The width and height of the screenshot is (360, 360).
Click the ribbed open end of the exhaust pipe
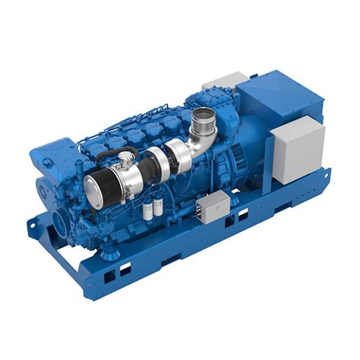[204, 117]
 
